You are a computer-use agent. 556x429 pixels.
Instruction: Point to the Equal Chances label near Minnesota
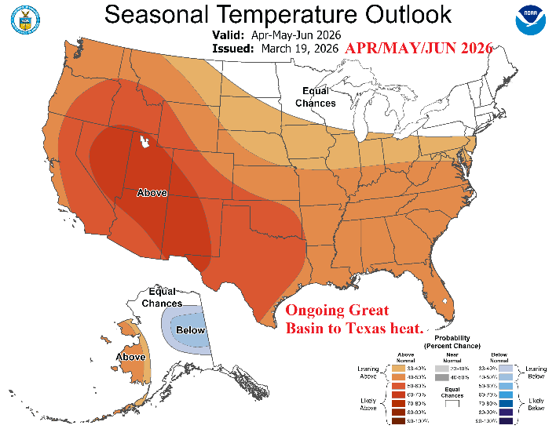[x=316, y=97]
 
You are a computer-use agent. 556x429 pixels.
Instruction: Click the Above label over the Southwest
[x=152, y=192]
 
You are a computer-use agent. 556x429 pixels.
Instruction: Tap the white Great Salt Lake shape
[x=144, y=142]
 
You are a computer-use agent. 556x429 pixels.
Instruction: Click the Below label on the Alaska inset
[x=190, y=330]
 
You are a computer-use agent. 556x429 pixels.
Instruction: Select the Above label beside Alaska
[x=130, y=357]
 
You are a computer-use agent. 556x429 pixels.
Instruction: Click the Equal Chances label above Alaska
[x=163, y=298]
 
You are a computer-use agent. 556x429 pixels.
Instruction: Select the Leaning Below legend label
[x=536, y=373]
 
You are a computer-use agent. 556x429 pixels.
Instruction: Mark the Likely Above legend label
[x=368, y=404]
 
